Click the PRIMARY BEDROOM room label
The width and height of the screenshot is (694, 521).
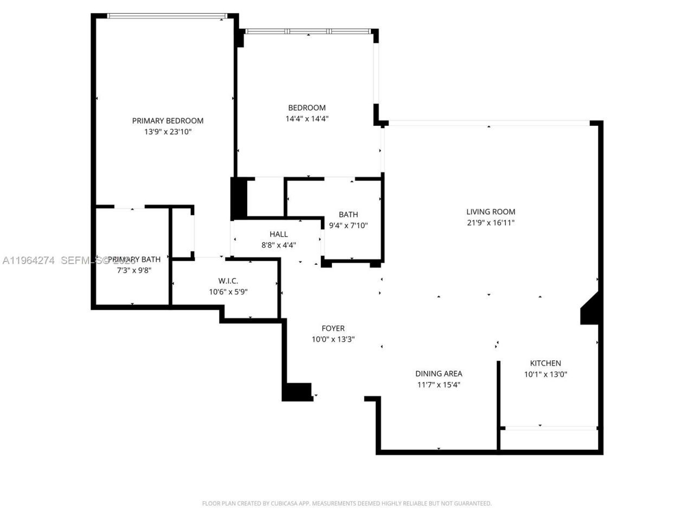point(168,120)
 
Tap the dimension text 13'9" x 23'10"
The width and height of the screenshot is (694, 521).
point(168,132)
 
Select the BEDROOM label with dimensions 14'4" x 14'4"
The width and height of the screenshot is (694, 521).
point(307,108)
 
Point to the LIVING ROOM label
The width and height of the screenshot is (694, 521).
point(491,212)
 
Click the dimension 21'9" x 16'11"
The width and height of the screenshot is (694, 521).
point(491,223)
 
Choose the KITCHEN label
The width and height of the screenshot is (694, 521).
point(545,363)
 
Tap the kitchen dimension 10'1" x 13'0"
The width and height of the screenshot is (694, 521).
point(545,374)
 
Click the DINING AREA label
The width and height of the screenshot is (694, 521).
point(439,373)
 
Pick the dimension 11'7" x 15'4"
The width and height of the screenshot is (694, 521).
point(439,385)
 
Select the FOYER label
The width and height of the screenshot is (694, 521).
point(333,328)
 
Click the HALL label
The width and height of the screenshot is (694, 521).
point(279,234)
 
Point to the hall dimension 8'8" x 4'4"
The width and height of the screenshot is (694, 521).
point(279,245)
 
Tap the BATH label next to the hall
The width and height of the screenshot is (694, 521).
point(348,214)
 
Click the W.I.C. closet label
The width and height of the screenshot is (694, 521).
point(228,281)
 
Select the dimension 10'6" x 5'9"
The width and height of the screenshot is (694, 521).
point(228,292)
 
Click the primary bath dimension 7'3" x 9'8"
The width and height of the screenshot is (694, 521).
point(134,270)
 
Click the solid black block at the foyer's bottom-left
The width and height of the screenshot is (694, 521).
point(297,392)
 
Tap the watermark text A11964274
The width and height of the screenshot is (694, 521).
point(29,260)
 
